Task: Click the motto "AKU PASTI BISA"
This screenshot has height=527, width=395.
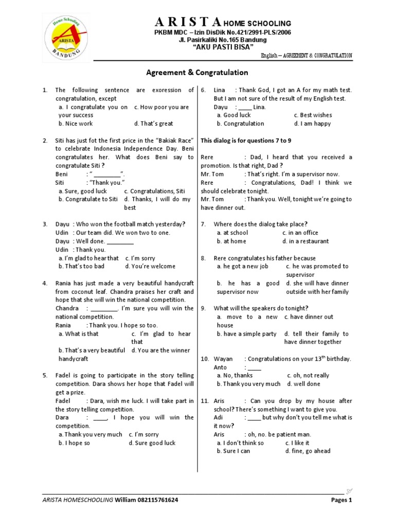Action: point(223,47)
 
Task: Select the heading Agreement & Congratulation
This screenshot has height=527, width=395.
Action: point(197,73)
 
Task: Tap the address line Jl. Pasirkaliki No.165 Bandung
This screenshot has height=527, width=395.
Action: point(222,40)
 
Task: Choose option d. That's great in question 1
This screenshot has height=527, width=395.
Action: point(153,124)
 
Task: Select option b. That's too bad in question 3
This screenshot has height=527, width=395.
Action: point(81,266)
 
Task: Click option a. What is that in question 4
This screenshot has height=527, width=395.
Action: point(78,333)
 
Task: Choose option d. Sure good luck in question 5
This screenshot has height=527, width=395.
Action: point(152,443)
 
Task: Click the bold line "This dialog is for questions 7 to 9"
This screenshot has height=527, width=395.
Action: point(246,140)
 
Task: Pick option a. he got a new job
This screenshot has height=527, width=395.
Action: point(242,266)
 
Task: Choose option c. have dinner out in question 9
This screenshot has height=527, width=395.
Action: point(309,317)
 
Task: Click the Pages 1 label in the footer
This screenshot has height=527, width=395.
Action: point(340,500)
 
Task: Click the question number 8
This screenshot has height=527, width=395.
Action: point(204,258)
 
